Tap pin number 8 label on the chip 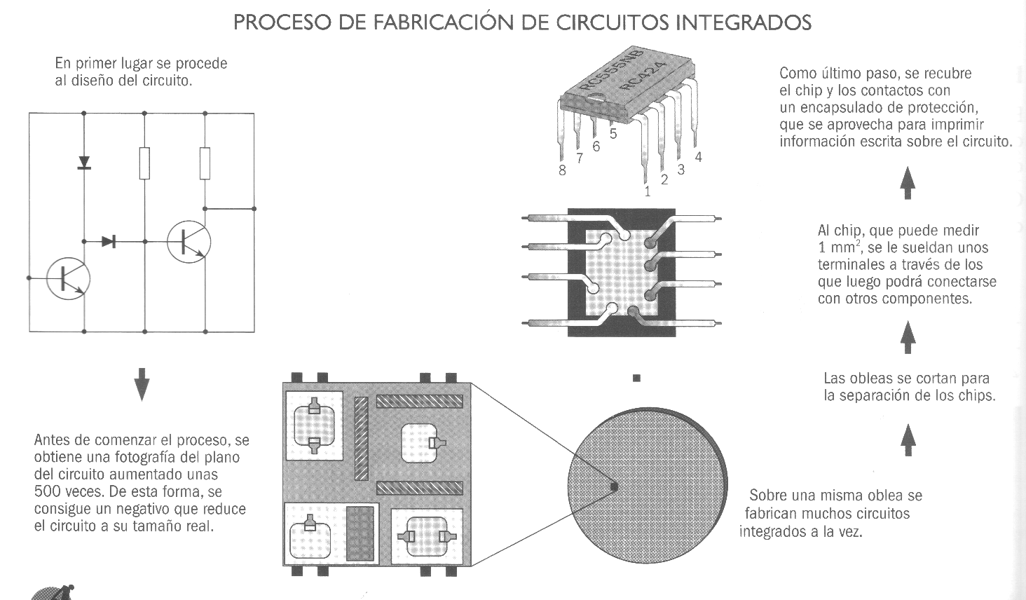click(562, 170)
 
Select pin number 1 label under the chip click(648, 191)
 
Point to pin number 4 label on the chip click(698, 158)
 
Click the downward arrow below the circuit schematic click(142, 383)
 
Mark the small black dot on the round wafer click(615, 486)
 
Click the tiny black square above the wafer click(636, 378)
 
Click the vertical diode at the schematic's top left click(84, 163)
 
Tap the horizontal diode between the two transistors click(109, 242)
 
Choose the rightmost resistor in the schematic click(205, 163)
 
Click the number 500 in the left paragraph click(46, 491)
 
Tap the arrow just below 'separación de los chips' click(908, 439)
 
